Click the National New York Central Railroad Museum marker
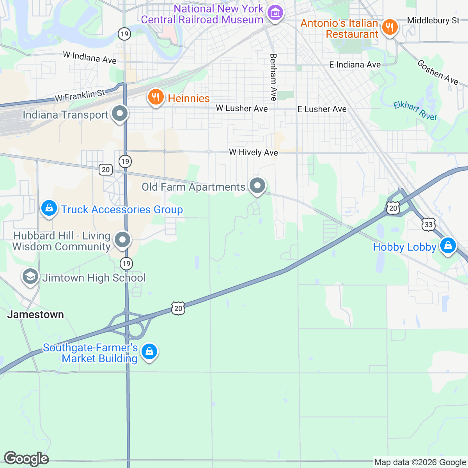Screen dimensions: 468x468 tap(275, 13)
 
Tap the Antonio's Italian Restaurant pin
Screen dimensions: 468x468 tap(389, 27)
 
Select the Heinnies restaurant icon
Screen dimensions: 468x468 tap(156, 97)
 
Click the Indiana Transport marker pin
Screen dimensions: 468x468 tap(120, 114)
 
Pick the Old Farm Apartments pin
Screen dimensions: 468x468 tap(257, 186)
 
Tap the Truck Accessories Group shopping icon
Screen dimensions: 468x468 tap(49, 208)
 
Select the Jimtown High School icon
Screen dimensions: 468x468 tap(30, 277)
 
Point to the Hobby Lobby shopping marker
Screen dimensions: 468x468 tap(448, 246)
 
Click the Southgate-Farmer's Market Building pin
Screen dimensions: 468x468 tap(149, 351)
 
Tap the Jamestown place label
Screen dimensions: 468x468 tap(35, 314)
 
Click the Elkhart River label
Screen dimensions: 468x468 tap(415, 111)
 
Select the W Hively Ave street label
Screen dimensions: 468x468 tap(253, 152)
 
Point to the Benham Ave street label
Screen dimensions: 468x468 tap(273, 77)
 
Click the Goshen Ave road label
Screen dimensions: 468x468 tap(438, 72)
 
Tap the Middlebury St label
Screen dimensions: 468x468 tap(433, 20)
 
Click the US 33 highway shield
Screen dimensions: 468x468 tap(429, 224)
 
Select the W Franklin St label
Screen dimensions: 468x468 tap(80, 95)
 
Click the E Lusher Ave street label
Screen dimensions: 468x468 tap(322, 109)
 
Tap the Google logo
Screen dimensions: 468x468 tap(26, 459)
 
